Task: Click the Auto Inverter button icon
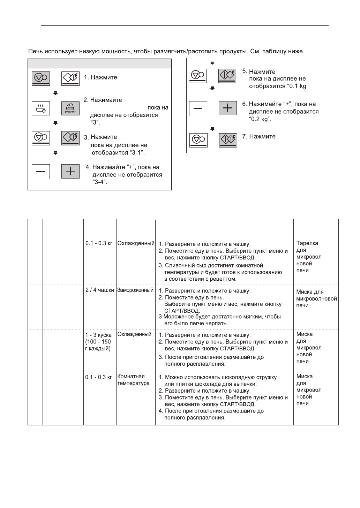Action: point(70,108)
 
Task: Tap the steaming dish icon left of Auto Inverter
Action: point(41,108)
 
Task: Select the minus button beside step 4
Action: point(41,172)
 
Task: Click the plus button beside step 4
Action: point(70,172)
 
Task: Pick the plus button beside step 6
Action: point(227,108)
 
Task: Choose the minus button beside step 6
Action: point(198,108)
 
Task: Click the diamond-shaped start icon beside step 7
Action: point(228,140)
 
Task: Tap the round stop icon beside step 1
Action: point(41,77)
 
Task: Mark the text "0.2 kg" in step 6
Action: point(260,119)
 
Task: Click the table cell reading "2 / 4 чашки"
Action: point(100,290)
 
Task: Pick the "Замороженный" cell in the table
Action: point(135,290)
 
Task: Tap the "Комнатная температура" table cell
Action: point(133,380)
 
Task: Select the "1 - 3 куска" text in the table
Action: point(98,335)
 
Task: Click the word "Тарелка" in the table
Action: point(307,243)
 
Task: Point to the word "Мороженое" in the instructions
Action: point(178,317)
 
